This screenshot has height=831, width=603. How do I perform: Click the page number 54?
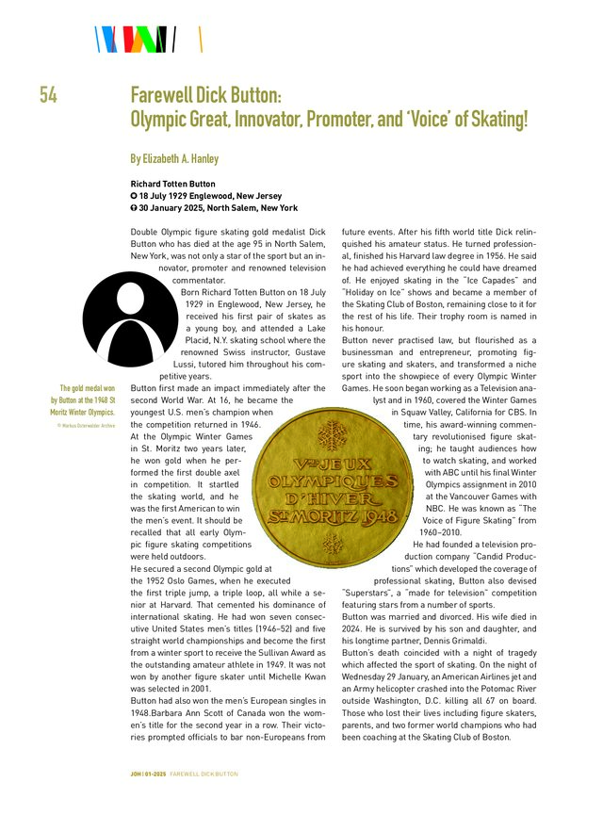(x=50, y=95)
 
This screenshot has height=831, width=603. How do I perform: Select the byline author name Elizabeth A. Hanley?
(x=181, y=158)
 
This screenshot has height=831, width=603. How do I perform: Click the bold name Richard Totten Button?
(x=173, y=184)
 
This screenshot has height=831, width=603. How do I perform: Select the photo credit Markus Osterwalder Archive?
(x=88, y=426)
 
